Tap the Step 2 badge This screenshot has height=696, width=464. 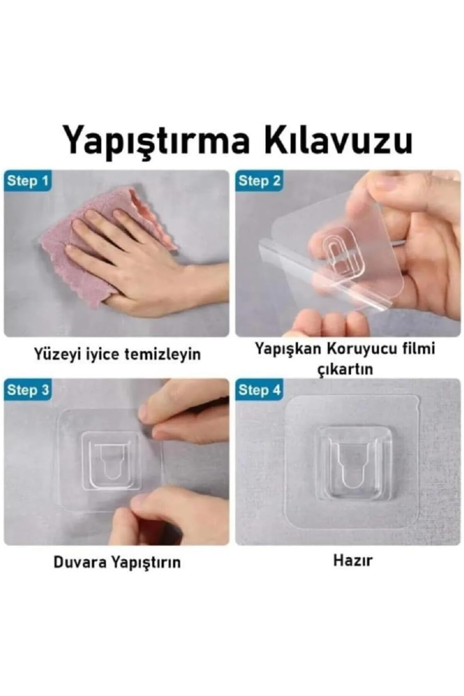pos(259,181)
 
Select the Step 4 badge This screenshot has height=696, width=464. pos(259,390)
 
